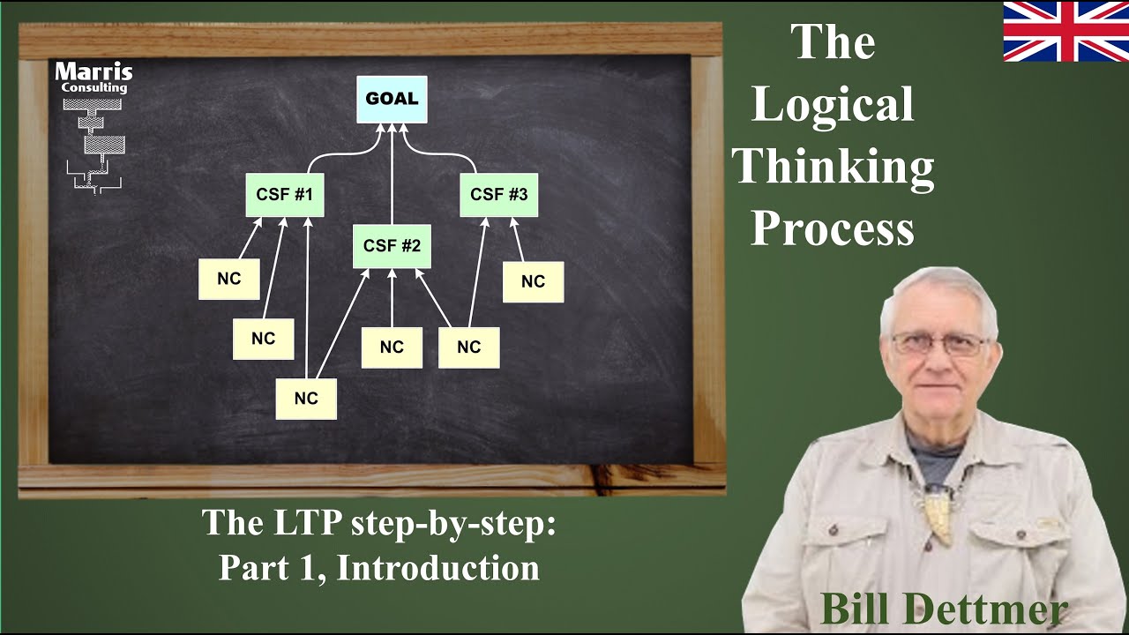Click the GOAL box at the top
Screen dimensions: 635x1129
click(x=392, y=99)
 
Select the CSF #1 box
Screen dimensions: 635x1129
click(x=284, y=195)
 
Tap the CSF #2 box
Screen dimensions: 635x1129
click(x=392, y=246)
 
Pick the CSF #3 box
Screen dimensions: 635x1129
click(x=498, y=195)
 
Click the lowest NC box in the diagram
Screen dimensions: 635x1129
click(x=306, y=399)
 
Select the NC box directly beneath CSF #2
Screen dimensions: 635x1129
click(x=392, y=347)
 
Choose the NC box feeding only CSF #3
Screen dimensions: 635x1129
click(x=533, y=282)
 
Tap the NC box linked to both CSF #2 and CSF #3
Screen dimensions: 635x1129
click(x=468, y=347)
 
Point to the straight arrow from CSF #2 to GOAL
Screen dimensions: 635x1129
click(x=392, y=176)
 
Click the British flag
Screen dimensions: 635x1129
click(x=1065, y=32)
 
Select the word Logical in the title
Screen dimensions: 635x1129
click(x=832, y=105)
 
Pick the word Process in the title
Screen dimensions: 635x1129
click(x=832, y=228)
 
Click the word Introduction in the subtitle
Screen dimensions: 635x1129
click(x=437, y=568)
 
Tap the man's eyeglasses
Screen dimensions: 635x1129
click(x=940, y=344)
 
